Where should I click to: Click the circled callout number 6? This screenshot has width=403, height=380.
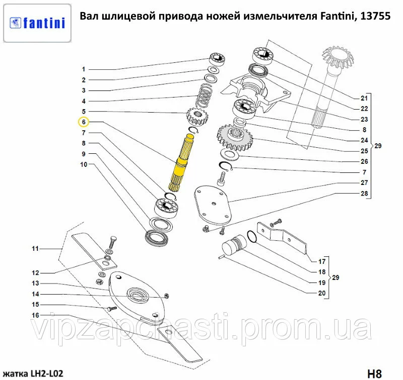84,122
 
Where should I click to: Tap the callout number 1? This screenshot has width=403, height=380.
84,69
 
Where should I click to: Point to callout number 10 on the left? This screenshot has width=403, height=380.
84,164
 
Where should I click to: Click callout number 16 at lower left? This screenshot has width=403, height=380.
36,315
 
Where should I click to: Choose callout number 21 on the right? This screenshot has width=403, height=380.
364,98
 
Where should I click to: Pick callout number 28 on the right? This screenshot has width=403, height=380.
364,194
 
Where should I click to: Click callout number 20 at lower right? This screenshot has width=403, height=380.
322,293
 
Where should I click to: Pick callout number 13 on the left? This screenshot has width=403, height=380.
36,283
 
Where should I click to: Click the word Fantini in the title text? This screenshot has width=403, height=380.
337,16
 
